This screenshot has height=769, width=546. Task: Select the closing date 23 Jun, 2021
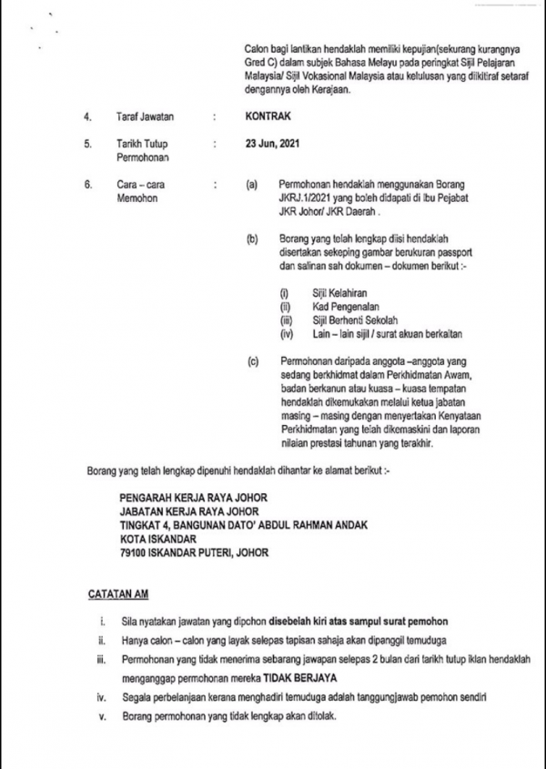[270, 144]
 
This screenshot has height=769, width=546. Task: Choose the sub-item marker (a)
[252, 185]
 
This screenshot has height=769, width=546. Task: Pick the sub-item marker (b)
[252, 239]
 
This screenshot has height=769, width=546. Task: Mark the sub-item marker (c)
[252, 361]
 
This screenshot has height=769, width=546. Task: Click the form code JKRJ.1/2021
[309, 198]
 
